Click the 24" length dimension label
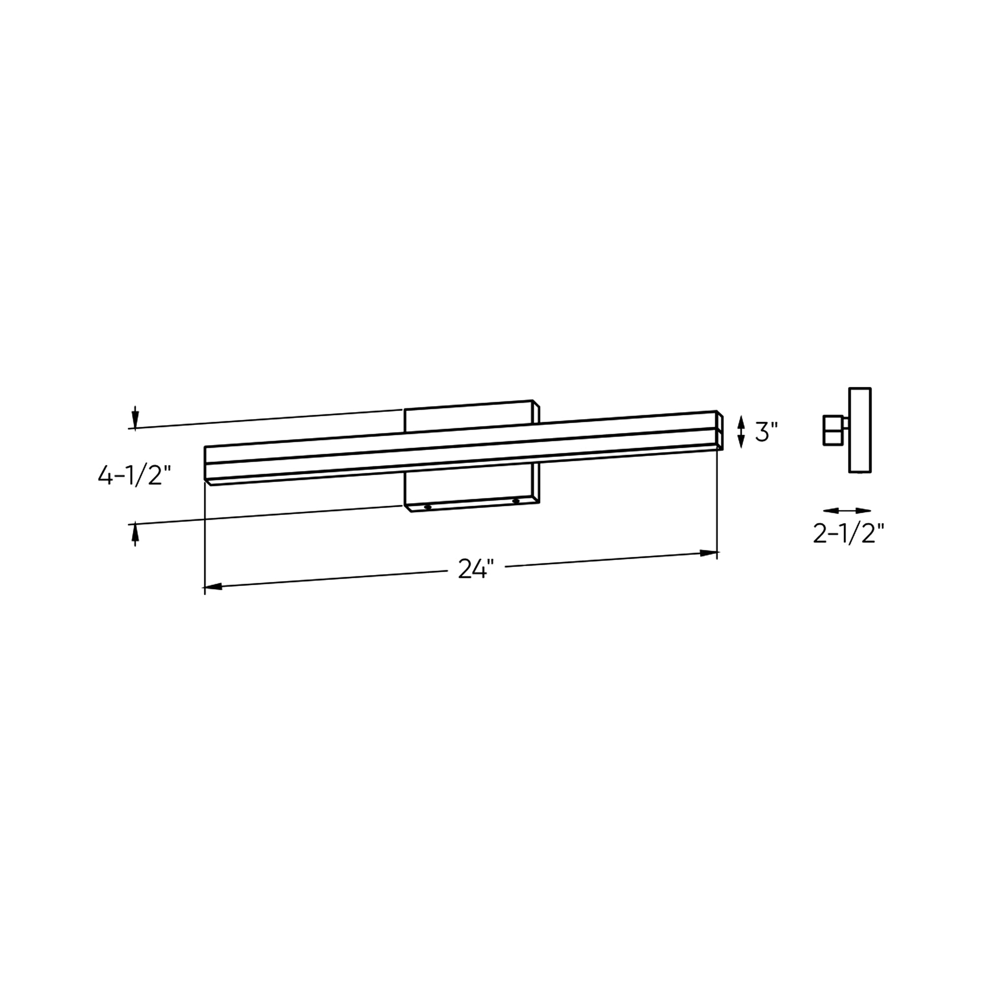476,569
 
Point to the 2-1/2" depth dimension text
848,534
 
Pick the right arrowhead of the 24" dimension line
709,552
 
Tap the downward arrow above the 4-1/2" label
135,418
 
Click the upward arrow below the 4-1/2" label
135,535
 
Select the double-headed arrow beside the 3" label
741,432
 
